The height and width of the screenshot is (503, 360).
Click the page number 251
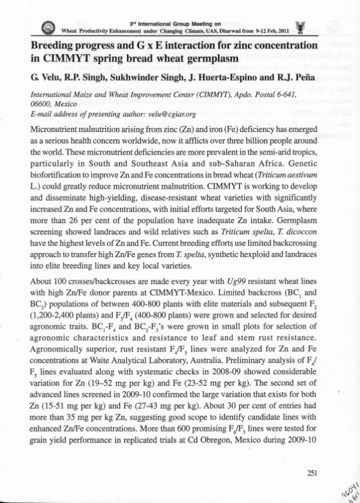click(x=311, y=472)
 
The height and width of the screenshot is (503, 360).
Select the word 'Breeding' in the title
click(x=52, y=46)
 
